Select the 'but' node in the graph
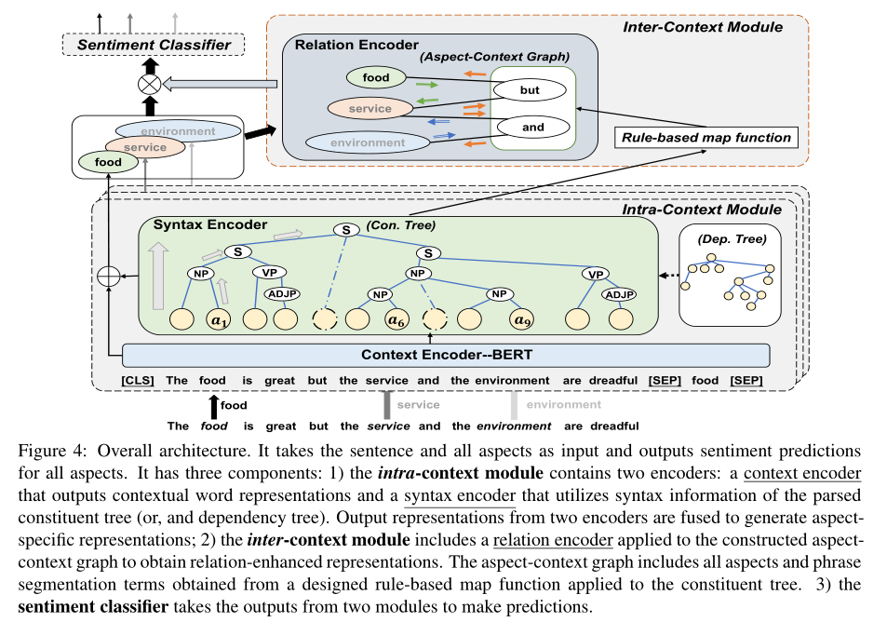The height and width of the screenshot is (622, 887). point(529,91)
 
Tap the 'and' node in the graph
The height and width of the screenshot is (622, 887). point(531,127)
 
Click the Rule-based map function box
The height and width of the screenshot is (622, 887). point(706,138)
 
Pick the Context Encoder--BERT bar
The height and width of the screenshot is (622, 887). point(446,355)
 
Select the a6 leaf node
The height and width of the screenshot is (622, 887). point(396,319)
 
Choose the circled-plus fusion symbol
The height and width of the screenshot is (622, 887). point(110,277)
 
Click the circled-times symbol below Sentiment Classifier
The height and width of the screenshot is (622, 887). point(148,85)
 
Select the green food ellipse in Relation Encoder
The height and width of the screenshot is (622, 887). point(376,77)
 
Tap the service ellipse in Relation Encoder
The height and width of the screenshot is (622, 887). point(370,108)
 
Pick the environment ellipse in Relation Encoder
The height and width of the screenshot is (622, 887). point(368,142)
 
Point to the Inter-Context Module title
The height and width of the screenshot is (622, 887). point(702,27)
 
